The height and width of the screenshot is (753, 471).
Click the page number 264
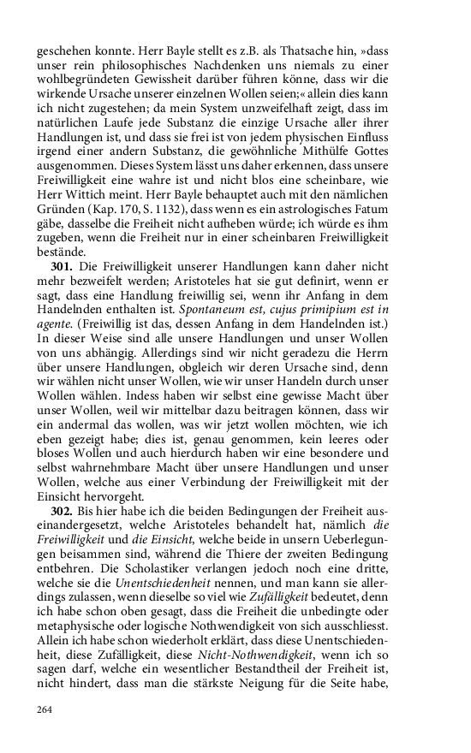(45, 709)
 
